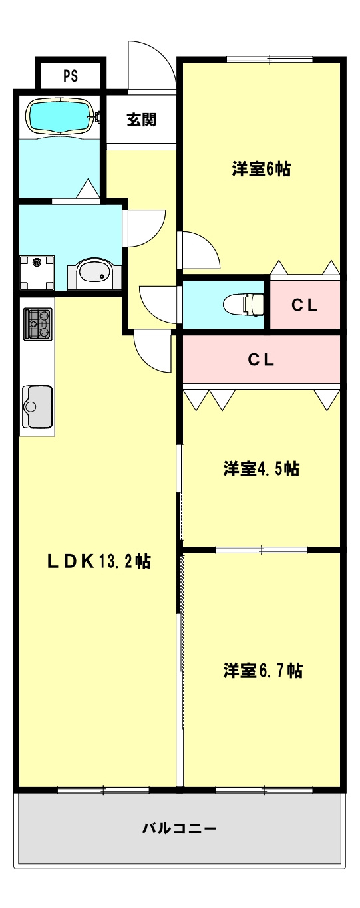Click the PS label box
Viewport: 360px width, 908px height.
71,75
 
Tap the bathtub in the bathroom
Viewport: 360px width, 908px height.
60,117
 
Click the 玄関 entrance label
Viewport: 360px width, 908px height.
142,120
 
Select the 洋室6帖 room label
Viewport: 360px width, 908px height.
261,169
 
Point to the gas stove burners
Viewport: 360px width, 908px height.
38,323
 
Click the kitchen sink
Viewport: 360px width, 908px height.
37,406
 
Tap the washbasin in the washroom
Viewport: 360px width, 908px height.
94,274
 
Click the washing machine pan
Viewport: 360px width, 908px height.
37,273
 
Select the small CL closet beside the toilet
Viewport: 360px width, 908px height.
305,305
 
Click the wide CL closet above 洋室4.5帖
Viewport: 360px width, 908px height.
261,359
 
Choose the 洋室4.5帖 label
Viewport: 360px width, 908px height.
261,468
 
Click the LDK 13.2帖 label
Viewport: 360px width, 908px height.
99,562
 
